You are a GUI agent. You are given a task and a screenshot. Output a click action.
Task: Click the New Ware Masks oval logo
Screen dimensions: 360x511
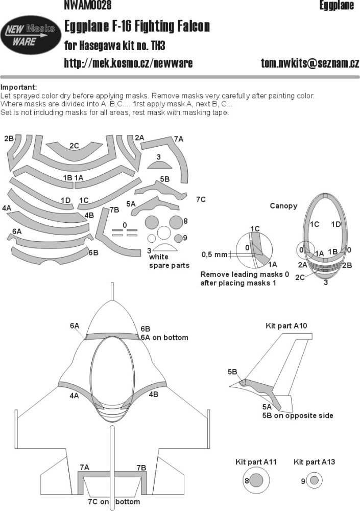[x=30, y=35]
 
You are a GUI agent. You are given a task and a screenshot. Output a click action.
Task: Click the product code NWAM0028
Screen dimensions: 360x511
[x=88, y=5]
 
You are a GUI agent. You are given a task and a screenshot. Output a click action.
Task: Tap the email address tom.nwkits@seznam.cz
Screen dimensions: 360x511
[x=309, y=63]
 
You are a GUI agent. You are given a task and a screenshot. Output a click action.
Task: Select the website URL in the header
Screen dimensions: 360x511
[x=128, y=63]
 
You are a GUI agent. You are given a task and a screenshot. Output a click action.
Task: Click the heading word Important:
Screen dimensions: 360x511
[x=18, y=87]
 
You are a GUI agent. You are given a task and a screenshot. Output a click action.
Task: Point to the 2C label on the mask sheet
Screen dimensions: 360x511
[x=74, y=146]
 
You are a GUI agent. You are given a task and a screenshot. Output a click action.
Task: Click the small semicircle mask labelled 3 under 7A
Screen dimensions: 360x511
[x=159, y=165]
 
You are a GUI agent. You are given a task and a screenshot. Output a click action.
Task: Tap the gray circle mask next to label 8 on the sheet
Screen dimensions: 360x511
[x=176, y=222]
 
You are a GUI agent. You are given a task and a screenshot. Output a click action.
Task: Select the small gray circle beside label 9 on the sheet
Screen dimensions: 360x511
[x=178, y=239]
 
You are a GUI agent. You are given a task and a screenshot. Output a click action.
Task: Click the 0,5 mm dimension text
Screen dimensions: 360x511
[x=214, y=254]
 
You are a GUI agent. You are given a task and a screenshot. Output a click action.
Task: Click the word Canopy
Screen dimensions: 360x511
[x=283, y=206]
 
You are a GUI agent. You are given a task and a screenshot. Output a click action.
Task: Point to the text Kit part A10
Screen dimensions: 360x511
[x=286, y=326]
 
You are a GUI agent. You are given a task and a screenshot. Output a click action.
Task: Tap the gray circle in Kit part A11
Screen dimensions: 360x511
[x=257, y=480]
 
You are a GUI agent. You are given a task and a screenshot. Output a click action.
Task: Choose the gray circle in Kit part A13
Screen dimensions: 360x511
[x=314, y=481]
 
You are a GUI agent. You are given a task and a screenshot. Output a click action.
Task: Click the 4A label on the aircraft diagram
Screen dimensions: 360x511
[x=74, y=396]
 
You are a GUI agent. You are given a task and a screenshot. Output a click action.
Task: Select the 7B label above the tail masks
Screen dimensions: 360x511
[x=141, y=468]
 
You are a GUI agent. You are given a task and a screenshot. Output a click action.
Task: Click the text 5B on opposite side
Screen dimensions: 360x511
[x=298, y=415]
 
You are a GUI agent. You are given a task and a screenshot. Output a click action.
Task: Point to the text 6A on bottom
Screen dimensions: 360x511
[x=164, y=337]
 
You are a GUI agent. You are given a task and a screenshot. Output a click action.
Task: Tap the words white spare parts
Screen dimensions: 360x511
[x=169, y=261]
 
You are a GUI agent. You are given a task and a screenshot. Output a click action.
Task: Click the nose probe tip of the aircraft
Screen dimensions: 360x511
[x=112, y=284]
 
